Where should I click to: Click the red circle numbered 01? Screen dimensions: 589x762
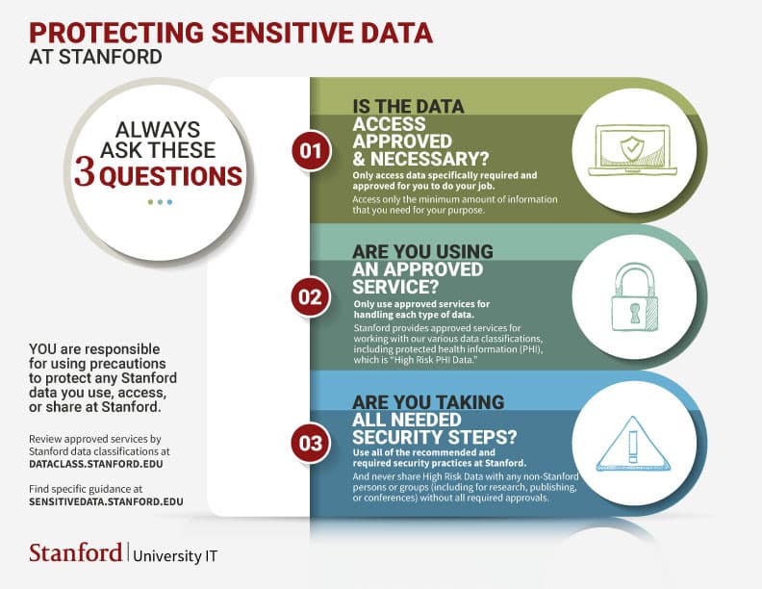(x=310, y=151)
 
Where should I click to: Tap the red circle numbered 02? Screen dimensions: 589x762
(x=310, y=296)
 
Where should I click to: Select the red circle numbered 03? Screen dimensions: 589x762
(x=310, y=444)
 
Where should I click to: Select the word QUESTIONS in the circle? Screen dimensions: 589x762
(x=171, y=176)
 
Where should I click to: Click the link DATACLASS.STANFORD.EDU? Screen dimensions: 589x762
(x=96, y=463)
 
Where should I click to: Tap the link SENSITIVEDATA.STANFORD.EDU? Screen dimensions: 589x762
(x=106, y=501)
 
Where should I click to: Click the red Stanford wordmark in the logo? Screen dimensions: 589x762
(x=75, y=552)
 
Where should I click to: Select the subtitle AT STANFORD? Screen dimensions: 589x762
(x=95, y=57)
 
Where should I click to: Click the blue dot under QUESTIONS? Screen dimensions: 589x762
(x=169, y=202)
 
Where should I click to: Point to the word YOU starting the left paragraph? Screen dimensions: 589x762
(x=44, y=347)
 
